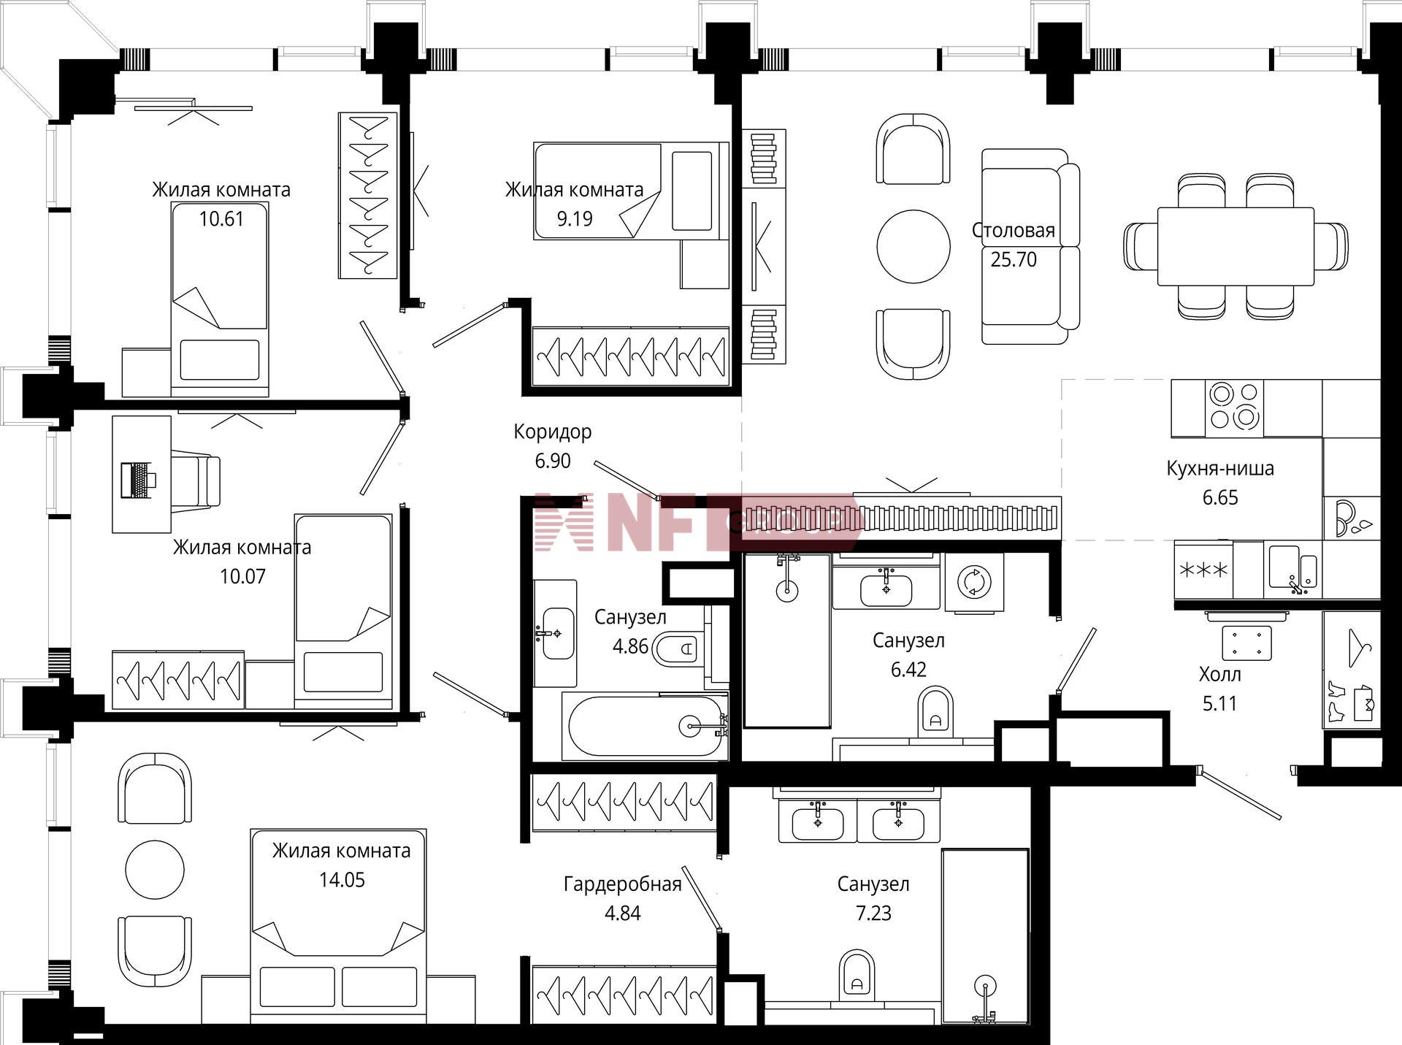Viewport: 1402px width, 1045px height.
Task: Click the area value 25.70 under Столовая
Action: click(1014, 259)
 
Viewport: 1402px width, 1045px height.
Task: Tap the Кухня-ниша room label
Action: click(1220, 468)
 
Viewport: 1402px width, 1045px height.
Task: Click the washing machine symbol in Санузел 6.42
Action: click(974, 582)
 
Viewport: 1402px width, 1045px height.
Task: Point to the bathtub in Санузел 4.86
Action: click(645, 726)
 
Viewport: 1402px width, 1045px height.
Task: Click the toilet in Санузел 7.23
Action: click(857, 975)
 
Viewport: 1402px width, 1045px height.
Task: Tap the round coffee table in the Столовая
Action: click(913, 246)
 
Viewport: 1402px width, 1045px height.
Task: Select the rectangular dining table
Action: click(1236, 246)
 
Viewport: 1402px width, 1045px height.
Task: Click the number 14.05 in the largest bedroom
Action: click(342, 880)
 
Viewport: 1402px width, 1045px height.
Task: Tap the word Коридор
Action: click(553, 432)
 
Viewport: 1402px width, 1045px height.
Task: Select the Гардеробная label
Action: click(623, 884)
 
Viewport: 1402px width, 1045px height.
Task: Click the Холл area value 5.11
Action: click(1220, 703)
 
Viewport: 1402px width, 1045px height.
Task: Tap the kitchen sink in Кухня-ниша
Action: click(1293, 567)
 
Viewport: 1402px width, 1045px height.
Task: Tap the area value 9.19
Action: click(575, 218)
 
